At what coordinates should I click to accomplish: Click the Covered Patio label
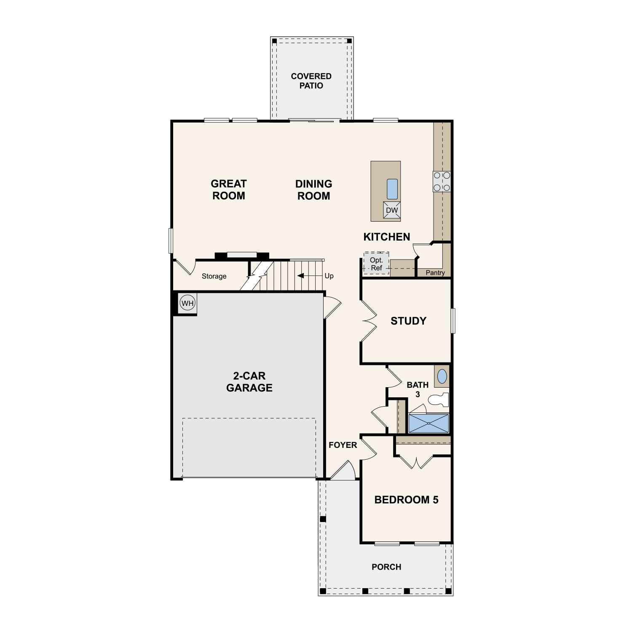pos(311,81)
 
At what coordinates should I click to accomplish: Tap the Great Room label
pos(228,190)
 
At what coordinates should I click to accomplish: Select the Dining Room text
pos(313,190)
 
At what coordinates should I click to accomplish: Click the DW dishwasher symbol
pos(392,210)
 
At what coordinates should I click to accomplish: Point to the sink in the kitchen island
pos(392,189)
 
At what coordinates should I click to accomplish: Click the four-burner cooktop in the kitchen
pos(442,182)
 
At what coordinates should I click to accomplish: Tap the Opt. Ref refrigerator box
pos(376,264)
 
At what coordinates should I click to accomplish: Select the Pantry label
pos(435,273)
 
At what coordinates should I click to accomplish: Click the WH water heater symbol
pos(187,303)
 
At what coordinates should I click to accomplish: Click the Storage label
pos(214,276)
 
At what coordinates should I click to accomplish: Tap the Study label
pos(408,321)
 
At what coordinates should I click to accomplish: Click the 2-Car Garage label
pos(249,382)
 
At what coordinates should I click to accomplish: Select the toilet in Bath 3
pos(438,399)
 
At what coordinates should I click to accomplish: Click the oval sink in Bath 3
pos(442,376)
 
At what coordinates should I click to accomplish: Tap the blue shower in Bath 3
pos(428,423)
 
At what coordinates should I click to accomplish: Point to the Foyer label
pos(343,445)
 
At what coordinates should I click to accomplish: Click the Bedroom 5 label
pos(406,500)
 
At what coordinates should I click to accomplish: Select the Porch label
pos(386,567)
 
